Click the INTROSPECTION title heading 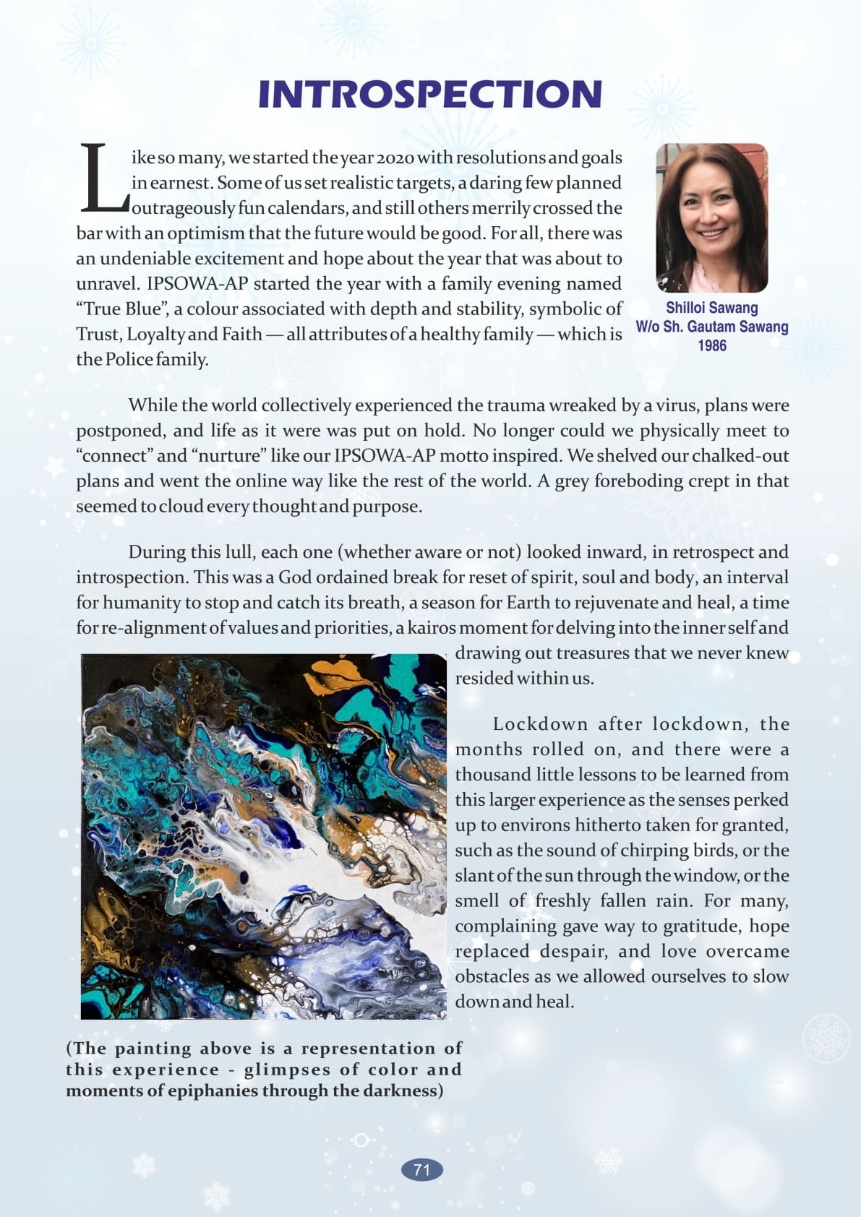click(x=430, y=95)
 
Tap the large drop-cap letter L click(x=103, y=179)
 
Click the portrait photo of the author click(x=711, y=218)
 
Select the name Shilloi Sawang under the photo click(x=711, y=308)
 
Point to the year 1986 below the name click(x=711, y=345)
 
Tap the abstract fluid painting click(x=264, y=836)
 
